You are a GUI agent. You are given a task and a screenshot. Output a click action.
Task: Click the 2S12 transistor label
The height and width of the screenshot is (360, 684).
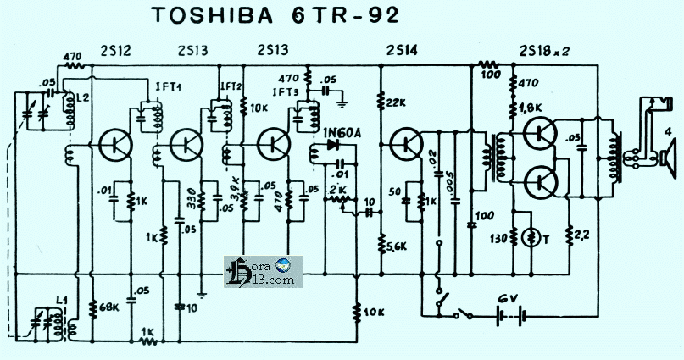(115, 49)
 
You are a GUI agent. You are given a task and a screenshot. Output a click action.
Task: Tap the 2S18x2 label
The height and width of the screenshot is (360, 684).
(542, 49)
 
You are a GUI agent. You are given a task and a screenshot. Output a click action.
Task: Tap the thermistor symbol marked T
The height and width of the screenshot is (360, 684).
(533, 236)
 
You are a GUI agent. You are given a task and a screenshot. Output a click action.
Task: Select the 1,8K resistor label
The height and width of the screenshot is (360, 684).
(530, 108)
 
